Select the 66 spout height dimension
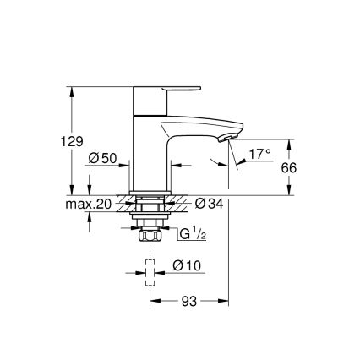[x=288, y=167]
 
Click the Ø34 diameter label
[x=208, y=203]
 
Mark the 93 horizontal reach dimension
[x=189, y=302]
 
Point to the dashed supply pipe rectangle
[x=150, y=272]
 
